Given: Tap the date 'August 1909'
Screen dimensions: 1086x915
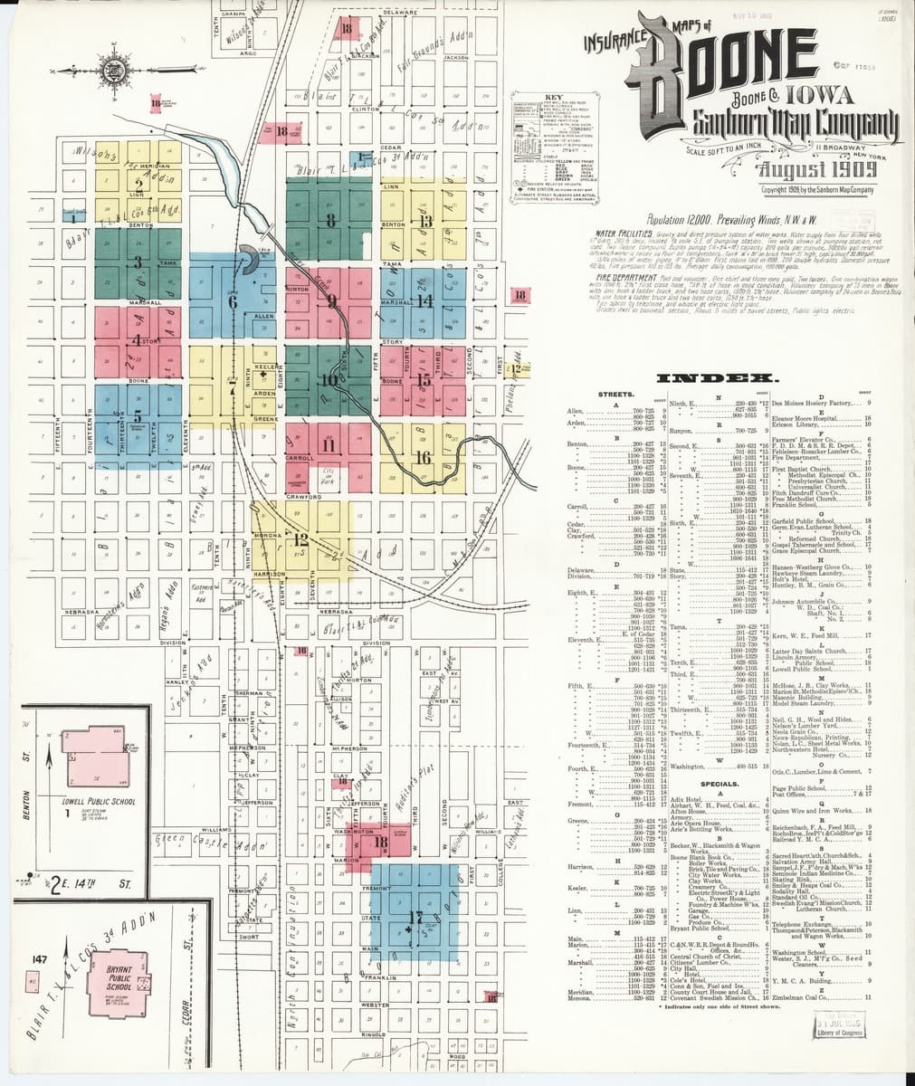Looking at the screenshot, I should click(817, 169).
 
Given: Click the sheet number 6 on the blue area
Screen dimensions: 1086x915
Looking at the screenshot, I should click(234, 302).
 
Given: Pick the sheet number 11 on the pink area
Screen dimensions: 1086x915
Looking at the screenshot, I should click(328, 445).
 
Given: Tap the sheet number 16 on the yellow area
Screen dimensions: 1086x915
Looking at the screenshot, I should click(422, 458).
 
